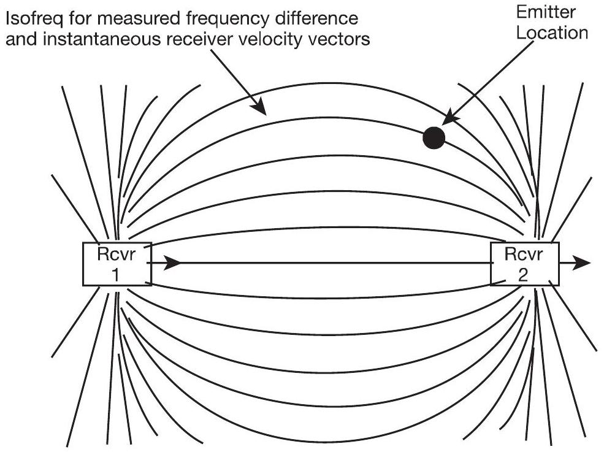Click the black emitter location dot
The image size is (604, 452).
pos(434,138)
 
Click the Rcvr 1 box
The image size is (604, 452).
pos(116,264)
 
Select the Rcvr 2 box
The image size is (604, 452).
pos(525,264)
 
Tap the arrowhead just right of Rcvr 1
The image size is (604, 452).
pos(174,264)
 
